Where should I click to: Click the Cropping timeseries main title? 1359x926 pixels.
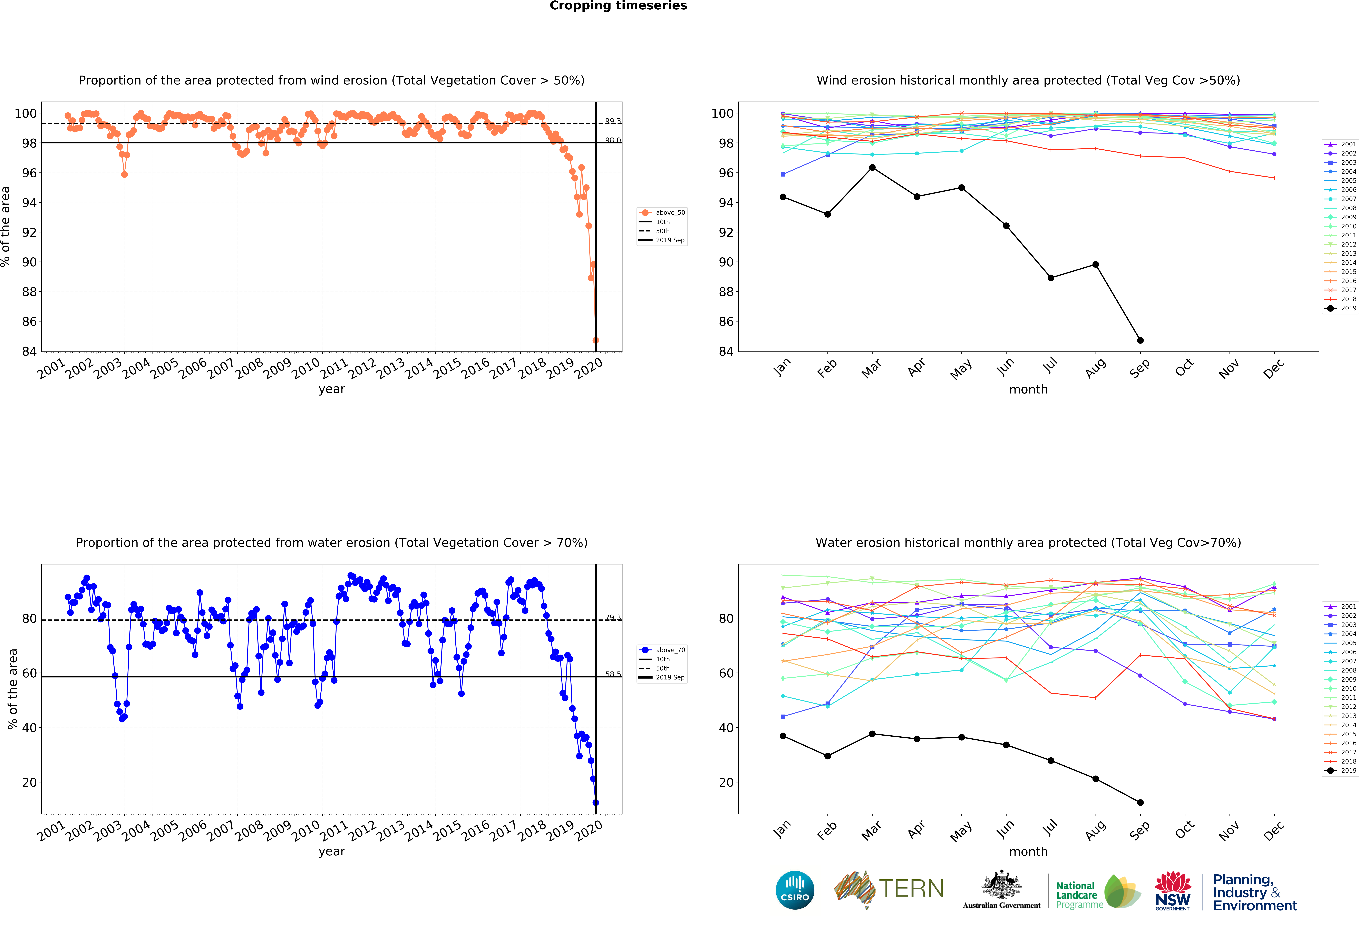(x=618, y=6)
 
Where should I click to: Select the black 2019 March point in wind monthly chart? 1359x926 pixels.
(x=872, y=168)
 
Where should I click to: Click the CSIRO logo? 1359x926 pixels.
(x=795, y=890)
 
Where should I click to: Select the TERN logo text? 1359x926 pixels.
(x=911, y=889)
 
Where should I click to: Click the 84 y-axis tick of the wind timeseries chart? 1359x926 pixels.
(x=29, y=351)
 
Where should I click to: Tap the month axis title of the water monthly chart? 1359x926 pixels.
(x=1028, y=852)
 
